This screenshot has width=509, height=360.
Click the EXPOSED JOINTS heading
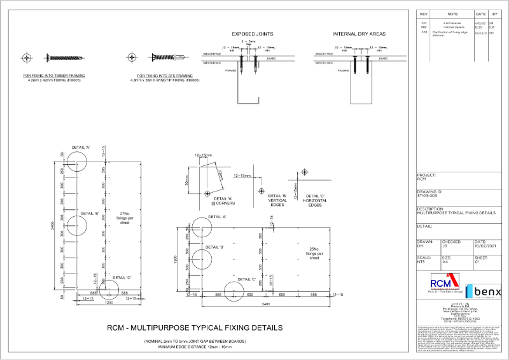[x=248, y=34]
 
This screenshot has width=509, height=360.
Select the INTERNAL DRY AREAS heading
[x=351, y=34]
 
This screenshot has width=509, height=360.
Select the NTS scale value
[x=421, y=261]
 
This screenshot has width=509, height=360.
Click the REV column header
[x=424, y=13]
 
